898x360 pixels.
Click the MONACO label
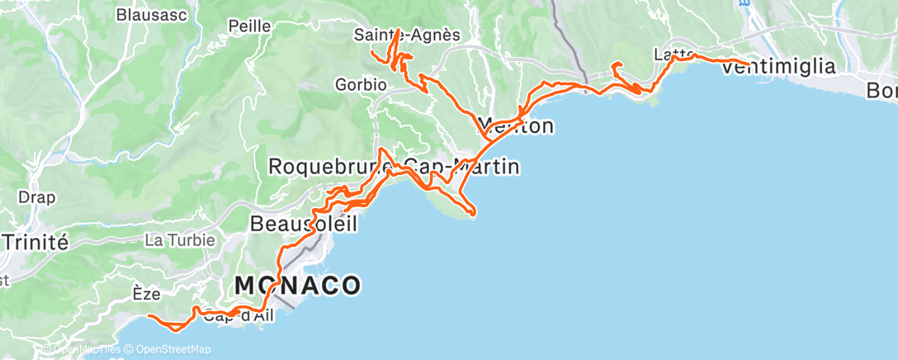tap(297, 286)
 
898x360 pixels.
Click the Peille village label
tap(250, 26)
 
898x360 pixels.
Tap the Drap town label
tap(35, 197)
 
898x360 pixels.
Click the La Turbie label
tap(179, 240)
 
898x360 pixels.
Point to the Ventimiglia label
tap(778, 68)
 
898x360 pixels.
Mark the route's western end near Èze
tap(149, 316)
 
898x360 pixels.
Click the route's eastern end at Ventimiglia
tap(749, 64)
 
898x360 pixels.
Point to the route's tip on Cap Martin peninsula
tap(473, 216)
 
